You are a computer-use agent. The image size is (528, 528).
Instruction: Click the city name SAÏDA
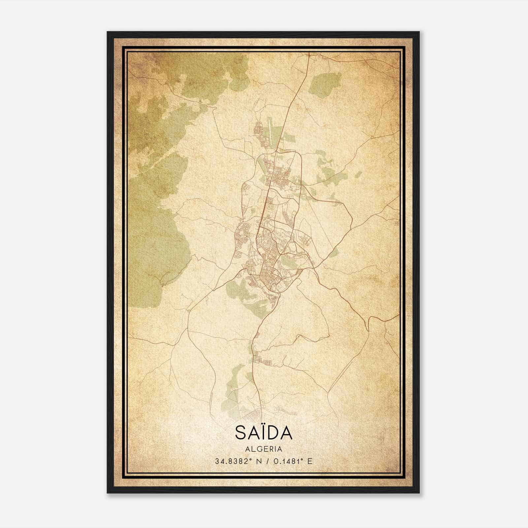[264, 432]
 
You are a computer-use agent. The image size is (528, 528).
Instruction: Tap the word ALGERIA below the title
[264, 449]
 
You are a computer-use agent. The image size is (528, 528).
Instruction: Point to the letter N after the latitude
[258, 461]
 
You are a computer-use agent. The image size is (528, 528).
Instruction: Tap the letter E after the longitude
[309, 461]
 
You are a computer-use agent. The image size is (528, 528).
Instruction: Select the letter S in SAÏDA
[240, 433]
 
